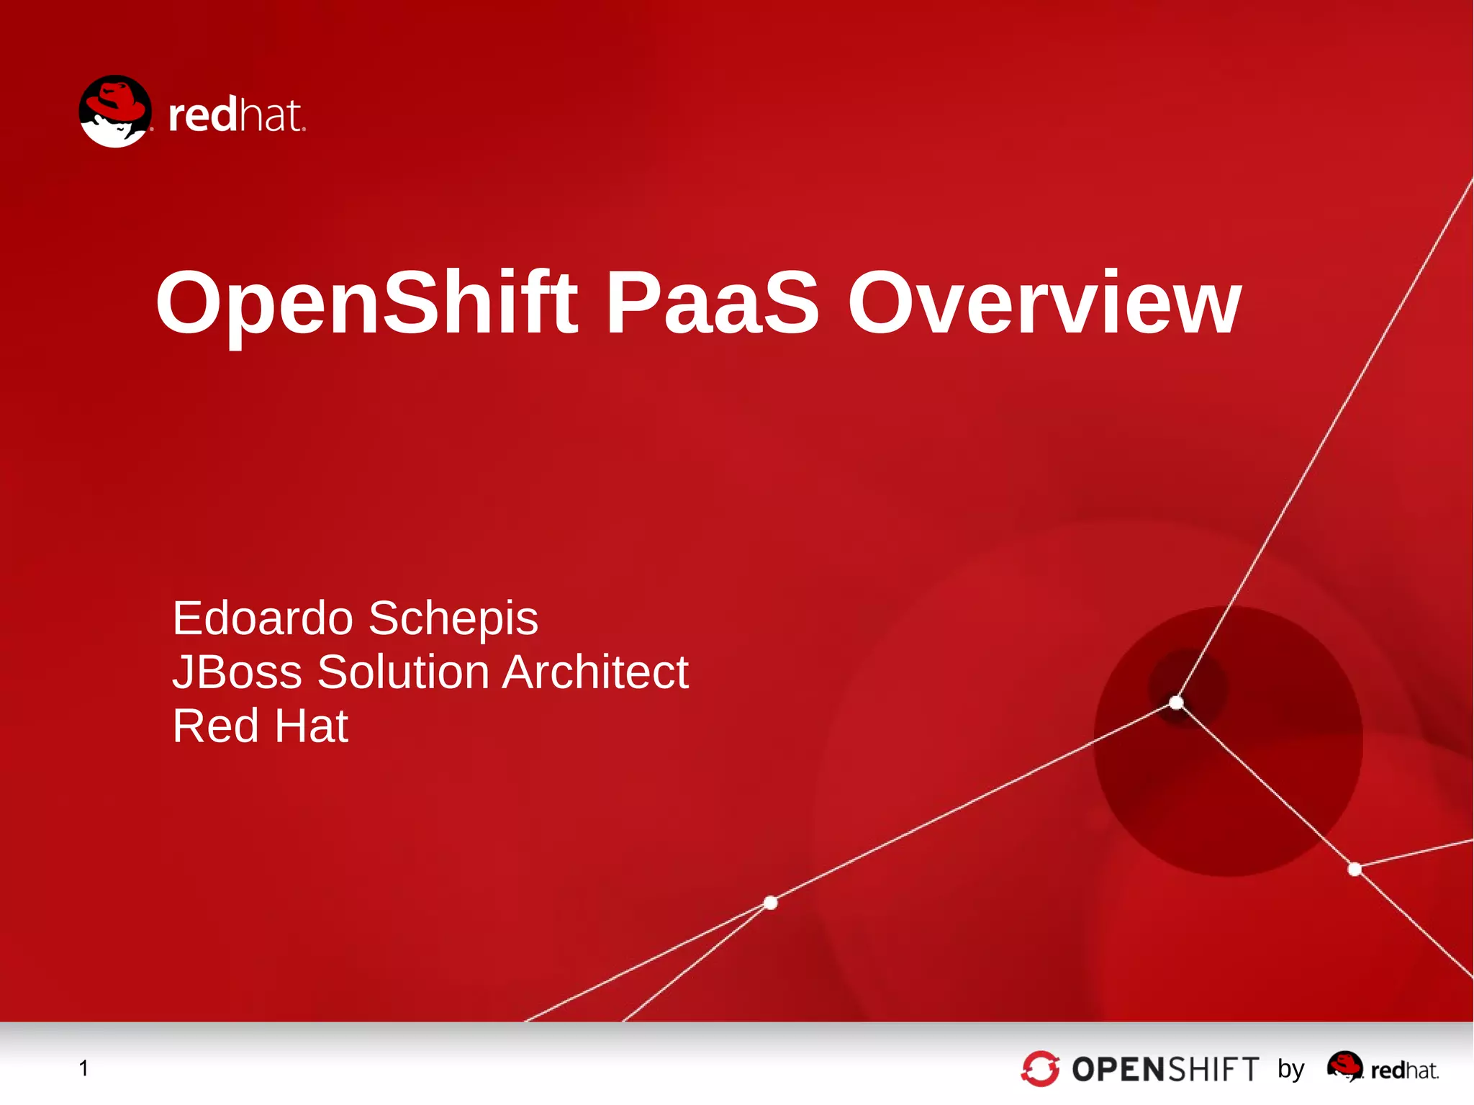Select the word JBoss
click(x=237, y=672)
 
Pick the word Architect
click(x=595, y=672)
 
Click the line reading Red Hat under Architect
click(x=260, y=726)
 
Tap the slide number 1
click(x=83, y=1068)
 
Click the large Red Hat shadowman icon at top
click(x=115, y=112)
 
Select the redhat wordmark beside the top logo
click(x=236, y=115)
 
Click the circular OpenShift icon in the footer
click(x=1040, y=1068)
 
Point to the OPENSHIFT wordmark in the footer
click(x=1165, y=1069)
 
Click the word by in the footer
click(x=1290, y=1069)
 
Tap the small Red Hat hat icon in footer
click(x=1344, y=1065)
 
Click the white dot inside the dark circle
click(x=1176, y=702)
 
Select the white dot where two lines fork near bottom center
click(x=770, y=903)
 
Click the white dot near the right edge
click(x=1355, y=870)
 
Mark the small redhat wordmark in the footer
click(x=1404, y=1070)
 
